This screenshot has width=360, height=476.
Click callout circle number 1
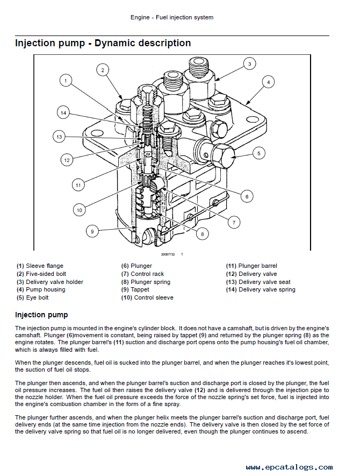(x=65, y=81)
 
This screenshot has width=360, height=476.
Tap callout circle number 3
(x=249, y=64)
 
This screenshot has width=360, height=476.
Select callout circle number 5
(x=258, y=153)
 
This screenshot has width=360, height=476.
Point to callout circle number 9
(x=92, y=231)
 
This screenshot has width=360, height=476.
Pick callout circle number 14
(x=63, y=113)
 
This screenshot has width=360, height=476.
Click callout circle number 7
(x=234, y=222)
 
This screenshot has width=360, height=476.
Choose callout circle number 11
(x=78, y=185)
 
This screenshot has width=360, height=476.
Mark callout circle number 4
(x=268, y=82)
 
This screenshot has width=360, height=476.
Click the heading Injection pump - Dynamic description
(x=103, y=43)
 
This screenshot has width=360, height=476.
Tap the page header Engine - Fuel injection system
(x=172, y=17)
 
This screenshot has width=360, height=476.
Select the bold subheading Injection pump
(x=41, y=315)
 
